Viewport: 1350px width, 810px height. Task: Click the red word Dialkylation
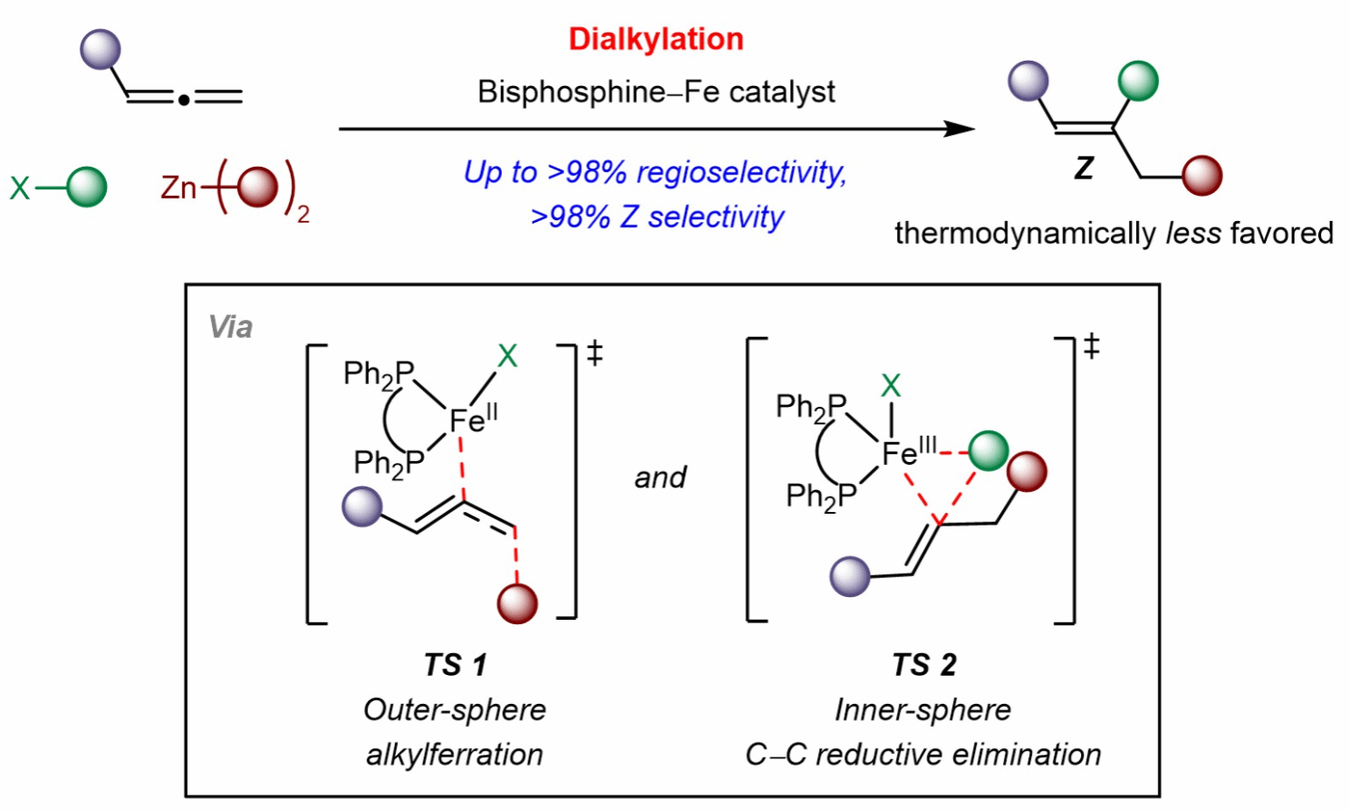point(656,39)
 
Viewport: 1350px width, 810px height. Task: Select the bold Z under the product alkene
point(1084,168)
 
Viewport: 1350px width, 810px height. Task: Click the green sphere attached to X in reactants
point(87,188)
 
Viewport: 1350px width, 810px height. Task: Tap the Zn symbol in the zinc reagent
point(178,188)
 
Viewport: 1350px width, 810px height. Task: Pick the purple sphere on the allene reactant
point(101,49)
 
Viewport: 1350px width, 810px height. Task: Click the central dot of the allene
point(183,99)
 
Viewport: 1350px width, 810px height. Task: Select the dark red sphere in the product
point(1203,176)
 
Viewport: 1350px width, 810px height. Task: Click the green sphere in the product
point(1138,82)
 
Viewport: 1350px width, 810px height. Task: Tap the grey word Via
point(230,327)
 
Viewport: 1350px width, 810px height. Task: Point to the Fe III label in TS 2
point(909,451)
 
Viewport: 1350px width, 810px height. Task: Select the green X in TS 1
point(507,356)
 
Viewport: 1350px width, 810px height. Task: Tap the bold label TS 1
point(455,665)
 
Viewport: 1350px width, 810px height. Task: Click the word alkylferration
point(455,754)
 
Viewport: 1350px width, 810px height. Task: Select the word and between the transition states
point(661,477)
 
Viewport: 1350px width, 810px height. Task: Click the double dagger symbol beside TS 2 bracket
point(1092,346)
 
